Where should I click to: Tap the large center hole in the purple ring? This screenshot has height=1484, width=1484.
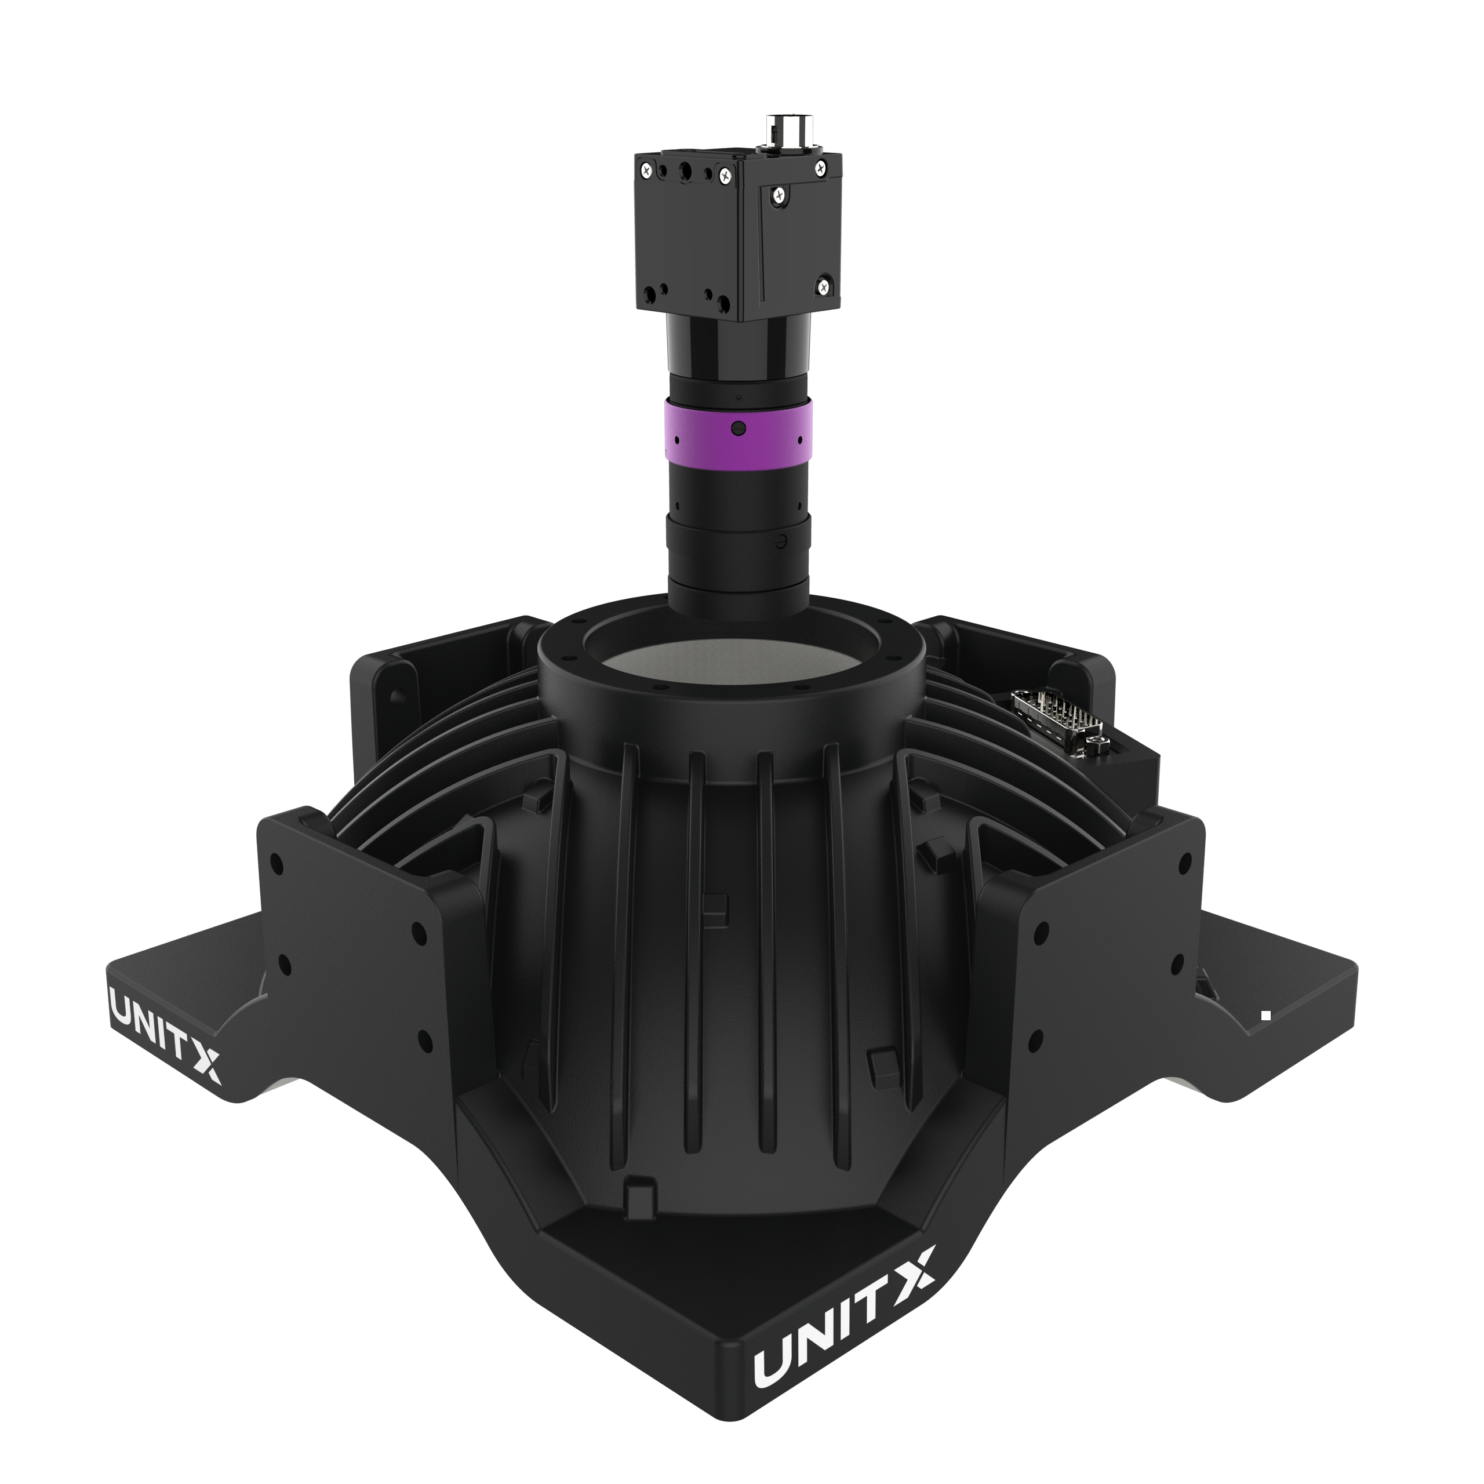click(738, 428)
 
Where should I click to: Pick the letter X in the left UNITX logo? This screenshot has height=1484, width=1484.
click(206, 1064)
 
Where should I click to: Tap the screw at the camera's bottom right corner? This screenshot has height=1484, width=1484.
click(823, 288)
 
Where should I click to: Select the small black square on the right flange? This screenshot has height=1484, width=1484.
click(1266, 1016)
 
